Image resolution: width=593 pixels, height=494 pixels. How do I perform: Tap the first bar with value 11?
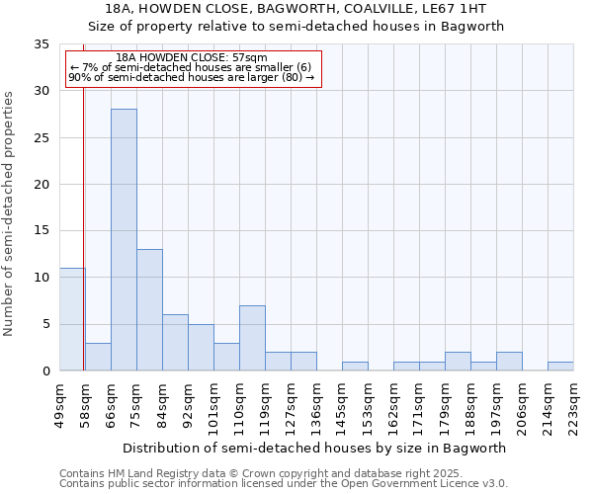(x=72, y=319)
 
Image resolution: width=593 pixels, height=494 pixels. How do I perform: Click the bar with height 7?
(x=252, y=338)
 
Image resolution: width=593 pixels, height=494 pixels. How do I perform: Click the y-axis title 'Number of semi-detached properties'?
(x=9, y=213)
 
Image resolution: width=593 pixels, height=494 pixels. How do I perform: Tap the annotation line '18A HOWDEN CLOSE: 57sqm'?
(x=191, y=58)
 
